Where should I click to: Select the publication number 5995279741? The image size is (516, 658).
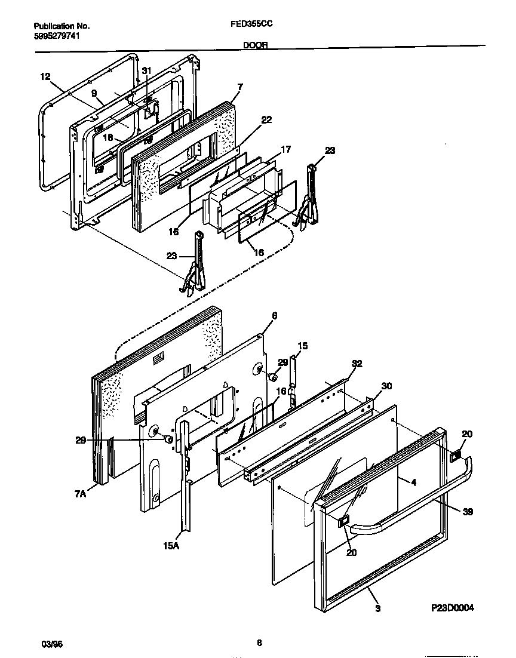(x=57, y=36)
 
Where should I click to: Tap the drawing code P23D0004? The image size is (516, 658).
(x=452, y=608)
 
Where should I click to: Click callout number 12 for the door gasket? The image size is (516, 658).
(x=45, y=76)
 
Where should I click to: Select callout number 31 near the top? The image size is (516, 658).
(x=146, y=71)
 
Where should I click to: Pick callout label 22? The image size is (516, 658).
(x=266, y=120)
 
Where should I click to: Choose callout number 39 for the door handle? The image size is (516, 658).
(x=468, y=511)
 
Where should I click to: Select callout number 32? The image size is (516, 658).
(x=357, y=364)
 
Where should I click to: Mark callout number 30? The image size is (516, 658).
(x=386, y=386)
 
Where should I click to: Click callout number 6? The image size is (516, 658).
(x=274, y=315)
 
